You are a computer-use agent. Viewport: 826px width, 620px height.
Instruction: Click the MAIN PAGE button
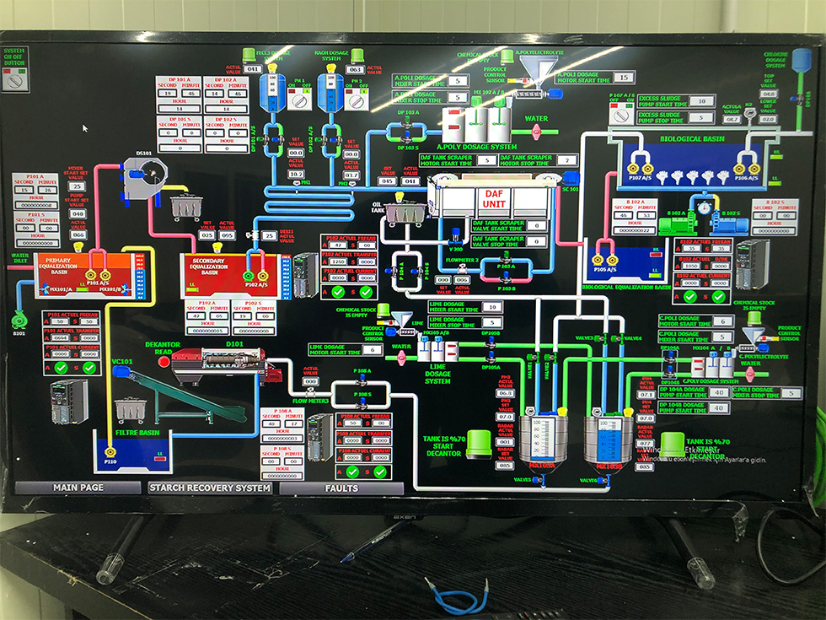pyautogui.click(x=78, y=488)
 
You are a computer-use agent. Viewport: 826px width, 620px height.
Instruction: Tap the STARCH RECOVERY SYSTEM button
pyautogui.click(x=210, y=488)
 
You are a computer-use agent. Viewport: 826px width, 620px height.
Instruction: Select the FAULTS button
pyautogui.click(x=341, y=488)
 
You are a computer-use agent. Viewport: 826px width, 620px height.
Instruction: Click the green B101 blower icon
pyautogui.click(x=19, y=319)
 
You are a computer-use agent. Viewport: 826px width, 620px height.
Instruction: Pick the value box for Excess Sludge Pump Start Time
pyautogui.click(x=700, y=101)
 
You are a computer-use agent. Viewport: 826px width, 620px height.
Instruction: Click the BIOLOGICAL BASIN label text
pyautogui.click(x=691, y=138)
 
